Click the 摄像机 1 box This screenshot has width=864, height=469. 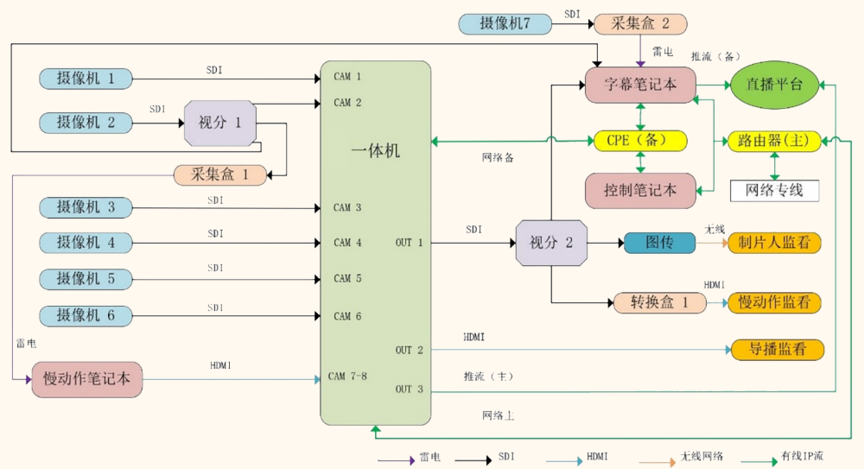(x=86, y=79)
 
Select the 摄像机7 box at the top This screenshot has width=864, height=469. (x=505, y=23)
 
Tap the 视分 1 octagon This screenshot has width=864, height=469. (x=220, y=122)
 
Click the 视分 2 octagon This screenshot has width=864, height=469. (x=550, y=243)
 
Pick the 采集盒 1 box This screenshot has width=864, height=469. (x=219, y=174)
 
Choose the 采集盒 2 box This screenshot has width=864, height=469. (x=640, y=23)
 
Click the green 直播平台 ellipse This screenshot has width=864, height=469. (x=773, y=85)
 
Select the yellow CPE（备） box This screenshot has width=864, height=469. (x=640, y=140)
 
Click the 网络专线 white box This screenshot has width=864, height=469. (x=773, y=190)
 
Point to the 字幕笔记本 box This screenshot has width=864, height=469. (x=640, y=85)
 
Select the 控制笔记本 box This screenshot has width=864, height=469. (x=640, y=190)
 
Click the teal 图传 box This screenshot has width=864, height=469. (x=659, y=243)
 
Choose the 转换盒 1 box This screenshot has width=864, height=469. (x=659, y=303)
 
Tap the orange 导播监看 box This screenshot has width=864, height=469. (x=778, y=350)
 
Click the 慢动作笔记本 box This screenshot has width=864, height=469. (x=86, y=377)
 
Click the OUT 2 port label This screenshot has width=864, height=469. (x=410, y=351)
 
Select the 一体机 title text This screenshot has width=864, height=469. (x=376, y=150)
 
